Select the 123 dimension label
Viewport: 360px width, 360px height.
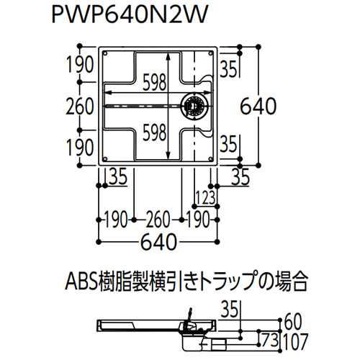206,198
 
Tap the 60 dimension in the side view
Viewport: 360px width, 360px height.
293,323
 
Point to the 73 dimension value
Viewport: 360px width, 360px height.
270,340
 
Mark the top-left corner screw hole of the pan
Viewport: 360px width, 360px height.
104,53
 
